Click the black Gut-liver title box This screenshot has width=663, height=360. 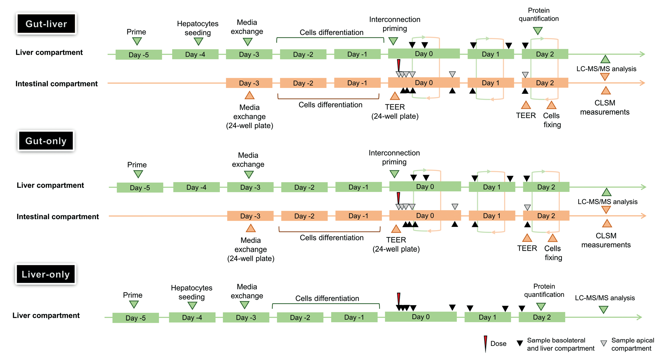tap(46, 24)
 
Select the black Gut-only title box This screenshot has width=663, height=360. tap(46, 141)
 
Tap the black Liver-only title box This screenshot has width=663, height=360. tap(46, 274)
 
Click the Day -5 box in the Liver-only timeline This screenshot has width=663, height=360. tap(135, 318)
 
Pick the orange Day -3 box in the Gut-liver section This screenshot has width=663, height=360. tap(249, 83)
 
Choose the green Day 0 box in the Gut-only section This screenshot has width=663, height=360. tap(425, 187)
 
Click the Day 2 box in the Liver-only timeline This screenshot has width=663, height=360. tap(542, 317)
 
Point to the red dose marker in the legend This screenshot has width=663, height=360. tap(485, 343)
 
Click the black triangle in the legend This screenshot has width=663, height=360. tap(520, 343)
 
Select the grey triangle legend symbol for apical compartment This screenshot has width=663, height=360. tap(603, 343)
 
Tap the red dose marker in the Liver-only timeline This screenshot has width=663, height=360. tap(398, 299)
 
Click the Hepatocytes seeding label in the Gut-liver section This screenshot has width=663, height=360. tap(198, 28)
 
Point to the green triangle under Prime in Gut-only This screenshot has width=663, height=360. tap(138, 174)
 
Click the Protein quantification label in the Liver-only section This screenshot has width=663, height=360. tap(544, 290)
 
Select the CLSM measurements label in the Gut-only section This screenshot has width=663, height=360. tap(606, 240)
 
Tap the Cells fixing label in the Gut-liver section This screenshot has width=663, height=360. tap(552, 120)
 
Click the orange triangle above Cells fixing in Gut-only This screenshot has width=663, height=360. tap(553, 238)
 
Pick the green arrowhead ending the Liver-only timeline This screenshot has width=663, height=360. tap(639, 317)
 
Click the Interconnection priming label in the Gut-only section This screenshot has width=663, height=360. tap(394, 157)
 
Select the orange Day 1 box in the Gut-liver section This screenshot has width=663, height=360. tap(491, 83)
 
